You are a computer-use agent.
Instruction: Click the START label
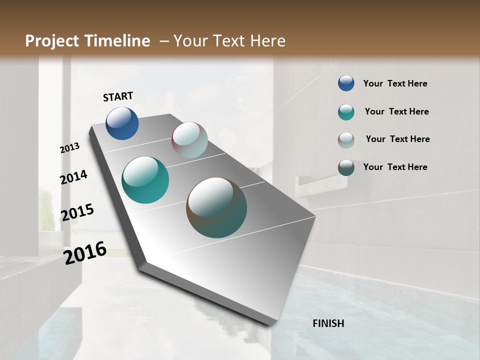point(118,96)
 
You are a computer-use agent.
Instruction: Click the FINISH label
point(328,323)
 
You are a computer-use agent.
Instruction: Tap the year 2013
point(70,148)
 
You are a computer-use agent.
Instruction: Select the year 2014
point(74,177)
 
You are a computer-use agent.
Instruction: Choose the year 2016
point(85,252)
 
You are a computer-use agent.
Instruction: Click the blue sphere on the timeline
point(122,123)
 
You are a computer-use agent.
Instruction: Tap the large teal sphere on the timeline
point(145,180)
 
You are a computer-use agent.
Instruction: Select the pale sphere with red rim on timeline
point(189,140)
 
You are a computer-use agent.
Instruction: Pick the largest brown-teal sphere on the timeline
point(216,207)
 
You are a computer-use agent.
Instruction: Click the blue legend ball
point(346,83)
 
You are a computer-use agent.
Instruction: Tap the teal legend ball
point(346,112)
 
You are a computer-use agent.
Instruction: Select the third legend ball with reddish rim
point(346,140)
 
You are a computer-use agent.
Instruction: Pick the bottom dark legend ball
point(346,167)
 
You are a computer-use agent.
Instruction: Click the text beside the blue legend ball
point(395,83)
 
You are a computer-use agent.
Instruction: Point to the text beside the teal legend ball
point(396,111)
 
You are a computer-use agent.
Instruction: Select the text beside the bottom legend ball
point(395,167)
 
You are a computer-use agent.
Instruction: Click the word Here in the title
point(267,41)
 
